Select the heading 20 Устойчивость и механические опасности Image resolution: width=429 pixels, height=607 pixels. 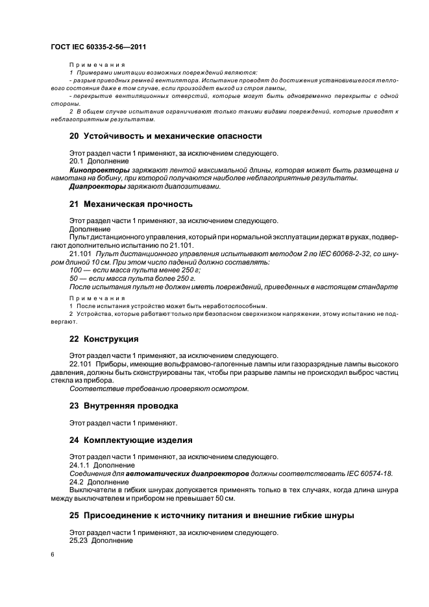click(x=165, y=136)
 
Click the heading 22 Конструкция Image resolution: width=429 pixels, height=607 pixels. click(x=104, y=339)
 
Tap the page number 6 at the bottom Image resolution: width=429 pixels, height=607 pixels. click(x=53, y=555)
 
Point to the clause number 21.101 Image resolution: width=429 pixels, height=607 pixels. click(x=81, y=254)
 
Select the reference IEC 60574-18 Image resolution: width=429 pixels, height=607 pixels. click(x=365, y=473)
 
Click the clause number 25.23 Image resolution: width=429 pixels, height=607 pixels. click(x=79, y=541)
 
